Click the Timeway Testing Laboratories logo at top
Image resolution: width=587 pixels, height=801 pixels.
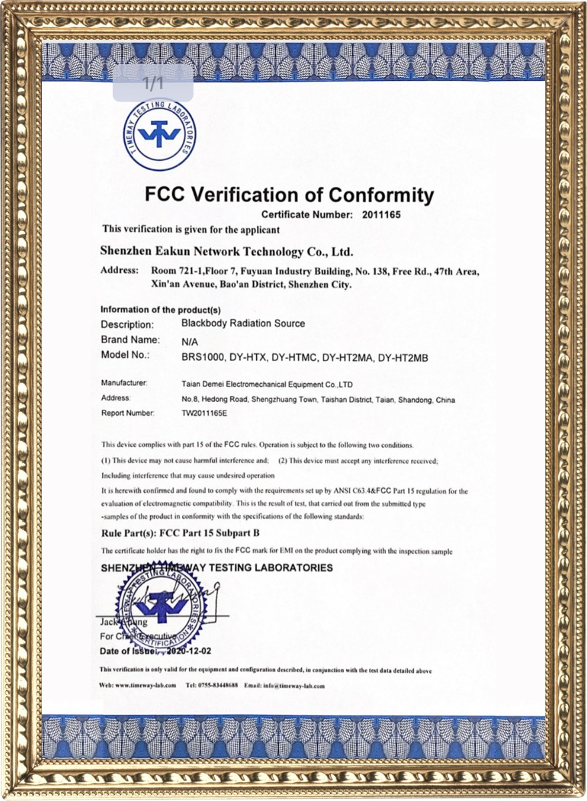(x=159, y=134)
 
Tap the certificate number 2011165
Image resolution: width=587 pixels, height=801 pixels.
(x=382, y=215)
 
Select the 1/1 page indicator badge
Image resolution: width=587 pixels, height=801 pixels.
(x=153, y=84)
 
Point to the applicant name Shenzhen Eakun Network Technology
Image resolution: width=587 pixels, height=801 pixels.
(x=226, y=252)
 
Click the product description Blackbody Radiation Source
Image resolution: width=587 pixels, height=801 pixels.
(x=243, y=323)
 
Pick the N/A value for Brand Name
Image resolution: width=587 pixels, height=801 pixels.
(x=190, y=340)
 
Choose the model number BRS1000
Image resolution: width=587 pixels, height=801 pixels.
(x=202, y=358)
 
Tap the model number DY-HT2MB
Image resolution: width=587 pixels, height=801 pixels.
(x=402, y=358)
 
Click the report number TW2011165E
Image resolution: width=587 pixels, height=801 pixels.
(x=204, y=413)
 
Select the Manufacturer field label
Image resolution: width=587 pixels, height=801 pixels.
(x=123, y=383)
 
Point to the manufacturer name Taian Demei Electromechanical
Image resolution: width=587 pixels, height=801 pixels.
(x=267, y=384)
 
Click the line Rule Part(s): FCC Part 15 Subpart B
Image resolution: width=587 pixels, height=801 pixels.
(x=180, y=533)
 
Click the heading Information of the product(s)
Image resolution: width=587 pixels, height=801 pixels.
(x=160, y=310)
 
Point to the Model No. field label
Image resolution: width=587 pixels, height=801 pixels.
(x=125, y=355)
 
